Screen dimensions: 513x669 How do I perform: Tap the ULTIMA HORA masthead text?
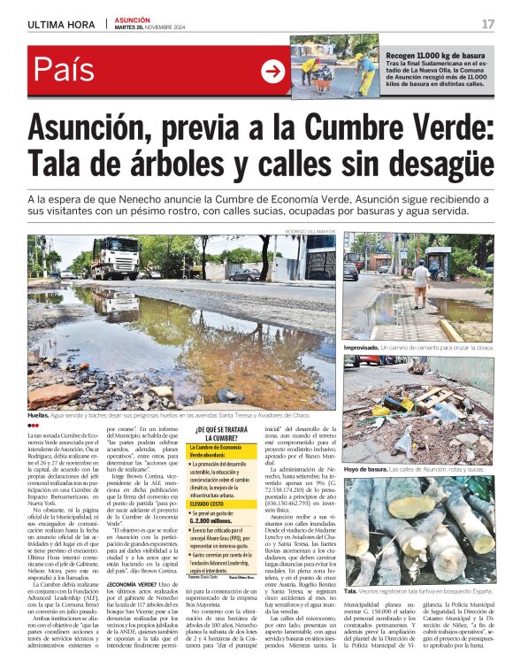click(x=60, y=24)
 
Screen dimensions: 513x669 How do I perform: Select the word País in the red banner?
click(x=65, y=71)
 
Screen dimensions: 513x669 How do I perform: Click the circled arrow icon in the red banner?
click(x=273, y=72)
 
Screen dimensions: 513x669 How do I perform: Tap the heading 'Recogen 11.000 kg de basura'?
click(x=434, y=55)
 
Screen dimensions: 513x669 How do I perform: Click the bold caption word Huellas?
click(x=37, y=414)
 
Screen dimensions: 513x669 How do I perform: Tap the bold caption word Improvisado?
click(x=363, y=350)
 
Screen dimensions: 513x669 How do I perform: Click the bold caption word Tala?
click(x=350, y=591)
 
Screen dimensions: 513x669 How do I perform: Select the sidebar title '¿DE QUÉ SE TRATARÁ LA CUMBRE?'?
click(x=216, y=433)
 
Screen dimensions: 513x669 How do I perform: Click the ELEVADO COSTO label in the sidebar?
click(x=208, y=503)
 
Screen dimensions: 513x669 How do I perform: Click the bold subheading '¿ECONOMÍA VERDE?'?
click(x=133, y=609)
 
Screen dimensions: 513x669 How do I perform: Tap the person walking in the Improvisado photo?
click(x=421, y=282)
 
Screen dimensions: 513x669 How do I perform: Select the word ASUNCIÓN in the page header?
click(x=133, y=19)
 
